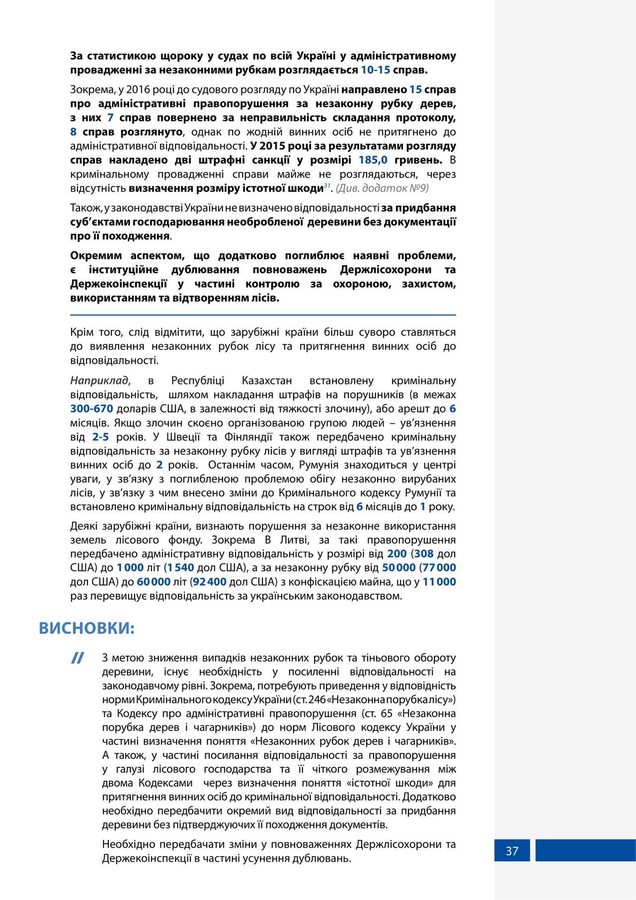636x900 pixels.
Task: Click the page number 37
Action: click(x=512, y=851)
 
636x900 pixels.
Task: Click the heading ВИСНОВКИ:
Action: click(x=87, y=628)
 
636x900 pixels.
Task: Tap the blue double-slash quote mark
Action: click(x=77, y=658)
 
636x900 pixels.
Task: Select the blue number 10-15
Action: click(x=375, y=70)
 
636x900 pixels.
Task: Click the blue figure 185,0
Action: click(x=373, y=160)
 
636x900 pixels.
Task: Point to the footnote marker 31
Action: click(x=327, y=186)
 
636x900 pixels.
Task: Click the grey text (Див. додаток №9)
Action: click(x=382, y=188)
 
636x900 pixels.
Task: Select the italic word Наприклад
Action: click(x=99, y=381)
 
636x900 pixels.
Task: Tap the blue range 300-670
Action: click(x=92, y=409)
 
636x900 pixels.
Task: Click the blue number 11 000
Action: click(x=439, y=582)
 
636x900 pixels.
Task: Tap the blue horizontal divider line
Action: click(x=263, y=315)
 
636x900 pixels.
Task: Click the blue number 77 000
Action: click(x=439, y=568)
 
